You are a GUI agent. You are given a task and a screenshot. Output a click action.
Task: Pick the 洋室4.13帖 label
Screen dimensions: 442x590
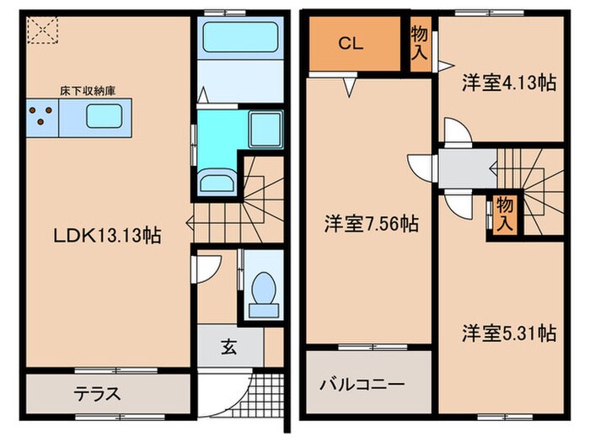coord(508,83)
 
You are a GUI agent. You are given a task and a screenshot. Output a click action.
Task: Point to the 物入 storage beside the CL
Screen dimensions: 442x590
coord(419,44)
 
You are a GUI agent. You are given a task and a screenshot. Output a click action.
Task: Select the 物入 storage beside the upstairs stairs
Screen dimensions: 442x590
coord(505,213)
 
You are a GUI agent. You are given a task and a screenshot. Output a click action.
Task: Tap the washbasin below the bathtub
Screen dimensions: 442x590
coord(217,179)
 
